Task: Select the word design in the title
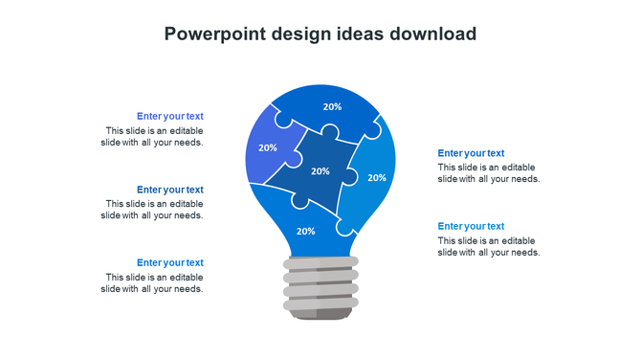click(x=298, y=34)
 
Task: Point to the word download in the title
click(x=432, y=34)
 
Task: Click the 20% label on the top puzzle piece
click(x=332, y=107)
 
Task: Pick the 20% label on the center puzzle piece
click(x=320, y=171)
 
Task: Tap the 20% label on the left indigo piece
click(x=268, y=147)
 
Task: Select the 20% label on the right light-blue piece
click(x=377, y=177)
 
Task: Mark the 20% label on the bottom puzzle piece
click(x=305, y=231)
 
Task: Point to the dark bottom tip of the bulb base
click(x=320, y=314)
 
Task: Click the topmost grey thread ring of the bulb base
click(x=320, y=262)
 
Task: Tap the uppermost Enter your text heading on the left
click(x=170, y=116)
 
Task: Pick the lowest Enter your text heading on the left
click(x=170, y=262)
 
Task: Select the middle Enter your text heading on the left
click(x=170, y=190)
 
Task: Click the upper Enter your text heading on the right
click(x=471, y=153)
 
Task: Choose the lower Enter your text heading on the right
click(x=471, y=226)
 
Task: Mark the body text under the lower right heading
click(x=489, y=247)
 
